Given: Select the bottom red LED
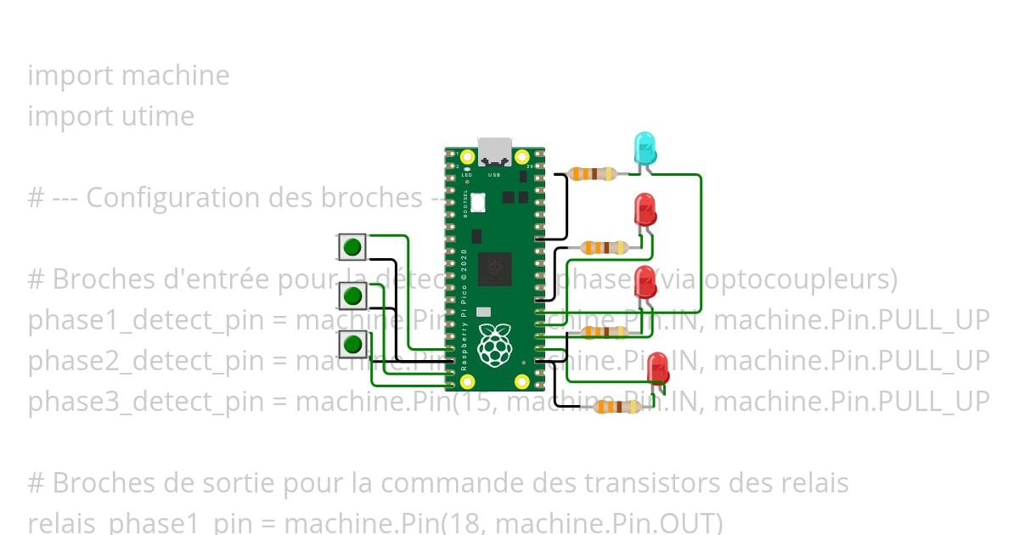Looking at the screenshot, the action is pos(657,370).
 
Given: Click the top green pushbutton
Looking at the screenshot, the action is pos(352,248).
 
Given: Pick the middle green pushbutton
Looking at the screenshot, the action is pos(352,296).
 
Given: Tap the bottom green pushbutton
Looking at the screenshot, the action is pos(352,345).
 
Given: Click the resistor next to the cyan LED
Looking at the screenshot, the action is pos(593,174).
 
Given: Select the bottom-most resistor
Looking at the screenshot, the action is pos(617,407).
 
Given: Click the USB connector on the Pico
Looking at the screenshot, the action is pos(495,151).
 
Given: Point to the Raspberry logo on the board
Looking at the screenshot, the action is pos(494,344).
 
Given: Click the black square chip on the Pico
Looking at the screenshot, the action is pos(495,268).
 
